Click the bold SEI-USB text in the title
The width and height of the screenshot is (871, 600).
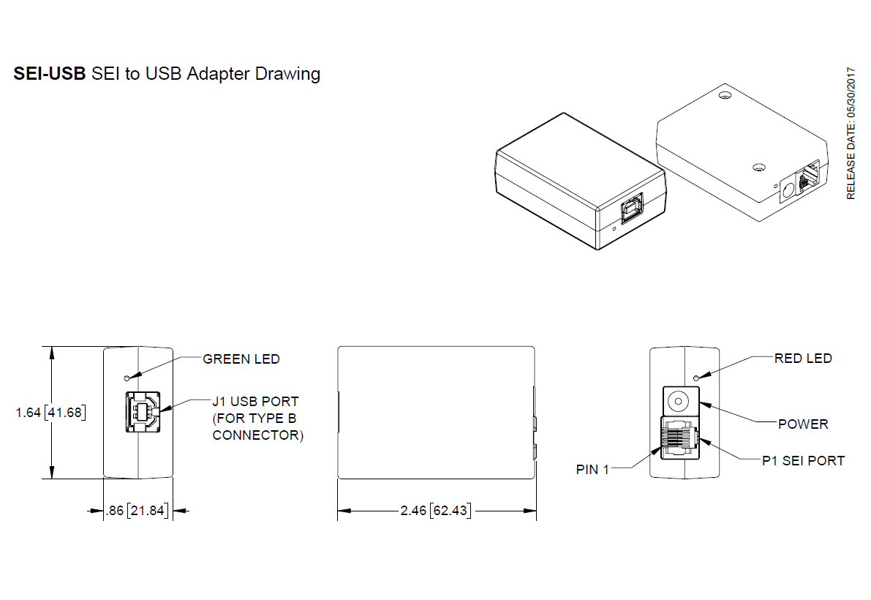click(50, 74)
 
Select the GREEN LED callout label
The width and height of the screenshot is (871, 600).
click(241, 359)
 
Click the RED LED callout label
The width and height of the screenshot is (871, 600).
click(803, 359)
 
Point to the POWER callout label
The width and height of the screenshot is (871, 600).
click(803, 424)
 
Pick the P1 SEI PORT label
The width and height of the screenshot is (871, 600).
click(803, 461)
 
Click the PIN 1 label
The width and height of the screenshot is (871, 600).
click(592, 470)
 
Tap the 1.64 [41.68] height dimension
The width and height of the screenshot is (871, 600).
click(50, 413)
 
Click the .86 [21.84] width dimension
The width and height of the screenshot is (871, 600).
click(137, 511)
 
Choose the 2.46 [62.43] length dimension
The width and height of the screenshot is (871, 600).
click(436, 511)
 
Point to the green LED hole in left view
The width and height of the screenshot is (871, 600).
click(127, 378)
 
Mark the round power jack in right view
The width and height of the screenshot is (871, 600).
click(680, 401)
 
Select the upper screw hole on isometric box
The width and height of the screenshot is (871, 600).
click(725, 96)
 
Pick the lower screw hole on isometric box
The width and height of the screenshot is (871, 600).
click(759, 168)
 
